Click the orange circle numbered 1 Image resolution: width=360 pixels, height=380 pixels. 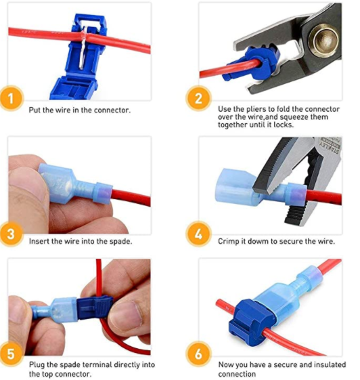point(11,98)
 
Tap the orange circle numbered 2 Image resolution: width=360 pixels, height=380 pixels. point(198,98)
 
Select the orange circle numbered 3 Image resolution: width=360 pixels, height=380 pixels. point(11,234)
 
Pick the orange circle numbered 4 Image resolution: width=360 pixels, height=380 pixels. point(198,234)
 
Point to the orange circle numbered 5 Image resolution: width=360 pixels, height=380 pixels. point(11,354)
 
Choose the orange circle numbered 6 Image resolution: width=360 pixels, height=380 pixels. point(198,354)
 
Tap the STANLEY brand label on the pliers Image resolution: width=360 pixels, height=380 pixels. point(331,146)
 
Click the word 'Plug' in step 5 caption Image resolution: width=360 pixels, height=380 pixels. point(37,364)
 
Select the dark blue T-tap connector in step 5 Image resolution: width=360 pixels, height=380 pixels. point(95,308)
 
